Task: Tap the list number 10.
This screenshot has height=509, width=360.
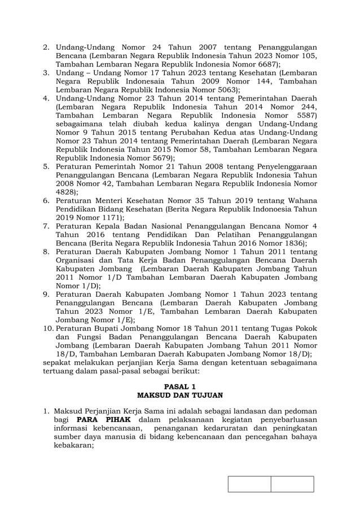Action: [48, 328]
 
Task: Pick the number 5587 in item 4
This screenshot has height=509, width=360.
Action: [302, 115]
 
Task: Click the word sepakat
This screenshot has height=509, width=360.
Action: [59, 362]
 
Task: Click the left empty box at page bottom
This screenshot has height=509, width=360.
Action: [249, 484]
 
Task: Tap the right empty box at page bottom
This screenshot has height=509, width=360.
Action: [292, 484]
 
